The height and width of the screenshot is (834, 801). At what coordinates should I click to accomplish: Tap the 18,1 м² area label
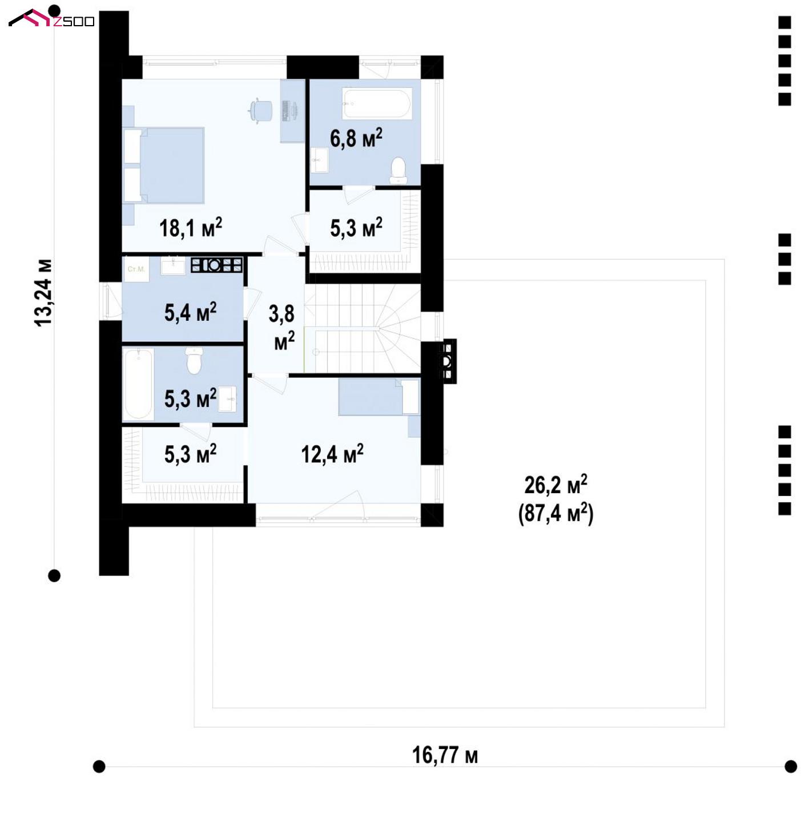[191, 227]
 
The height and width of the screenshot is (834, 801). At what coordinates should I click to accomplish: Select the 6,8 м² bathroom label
[356, 138]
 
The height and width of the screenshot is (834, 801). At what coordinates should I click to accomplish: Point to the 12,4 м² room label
[332, 454]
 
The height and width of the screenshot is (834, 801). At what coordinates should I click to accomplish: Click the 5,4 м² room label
[190, 312]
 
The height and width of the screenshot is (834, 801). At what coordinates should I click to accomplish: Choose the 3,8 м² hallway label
[282, 328]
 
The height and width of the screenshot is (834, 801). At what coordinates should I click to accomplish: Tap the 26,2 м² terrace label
[556, 485]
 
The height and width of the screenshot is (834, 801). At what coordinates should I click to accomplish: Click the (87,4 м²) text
[556, 513]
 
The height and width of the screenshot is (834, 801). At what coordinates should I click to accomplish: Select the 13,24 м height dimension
[43, 293]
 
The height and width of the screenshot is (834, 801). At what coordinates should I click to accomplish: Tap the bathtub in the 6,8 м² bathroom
[377, 103]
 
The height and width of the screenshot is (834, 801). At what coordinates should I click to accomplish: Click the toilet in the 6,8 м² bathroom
[398, 170]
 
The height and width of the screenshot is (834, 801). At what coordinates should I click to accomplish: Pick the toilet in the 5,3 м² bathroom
[194, 360]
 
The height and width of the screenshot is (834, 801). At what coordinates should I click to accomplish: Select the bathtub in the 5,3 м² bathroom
[138, 384]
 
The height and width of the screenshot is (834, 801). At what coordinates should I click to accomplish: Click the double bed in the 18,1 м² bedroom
[164, 164]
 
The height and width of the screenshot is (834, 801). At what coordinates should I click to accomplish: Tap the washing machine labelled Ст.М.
[136, 269]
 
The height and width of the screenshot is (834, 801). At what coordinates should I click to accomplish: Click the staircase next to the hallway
[363, 328]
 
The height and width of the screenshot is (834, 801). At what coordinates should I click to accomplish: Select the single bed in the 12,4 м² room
[379, 397]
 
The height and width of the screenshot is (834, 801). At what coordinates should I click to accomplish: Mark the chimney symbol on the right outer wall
[446, 361]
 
